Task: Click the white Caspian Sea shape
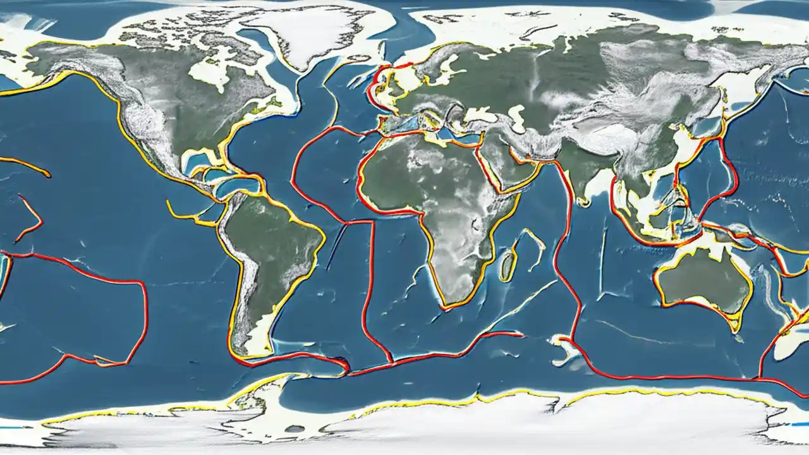(x=518, y=117)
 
